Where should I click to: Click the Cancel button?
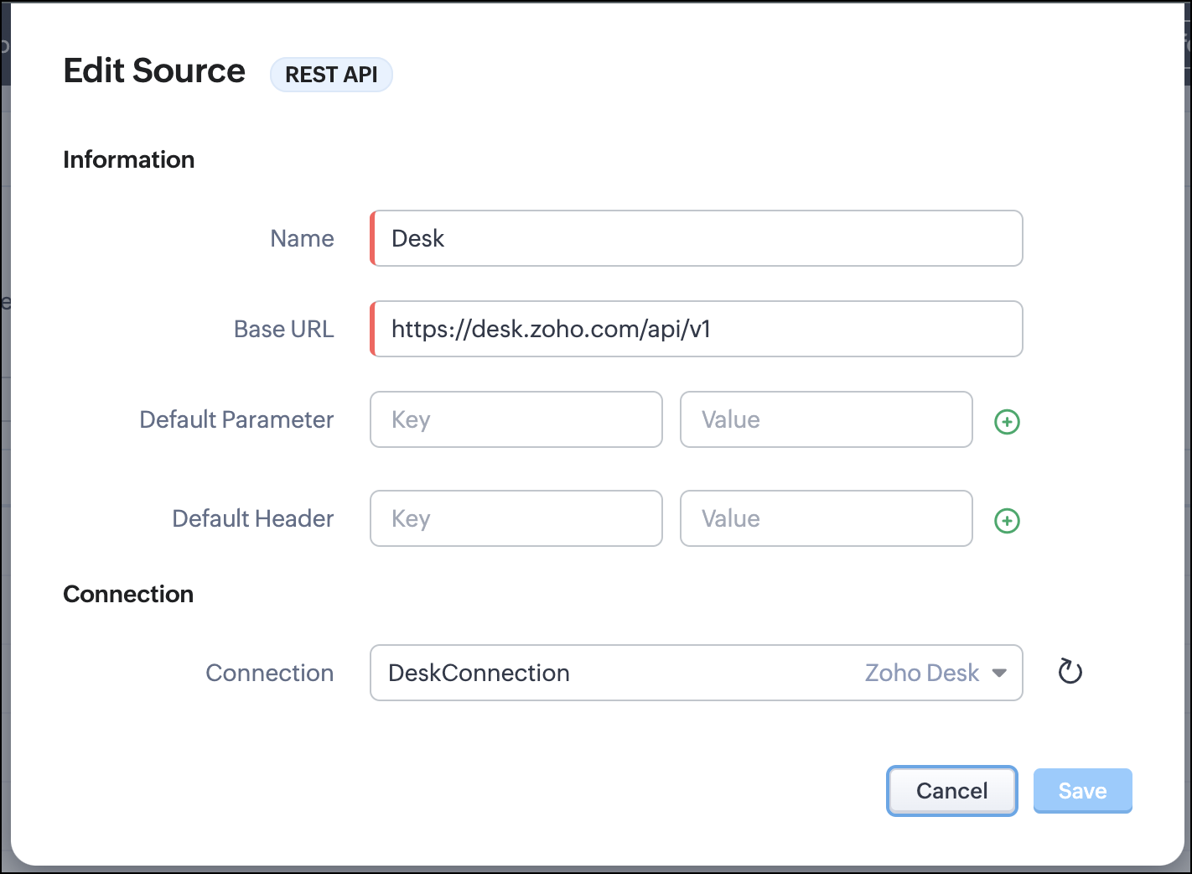951,790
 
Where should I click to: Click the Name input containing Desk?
696,238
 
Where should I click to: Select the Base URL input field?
696,329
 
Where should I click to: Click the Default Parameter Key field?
516,419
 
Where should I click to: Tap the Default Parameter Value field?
826,419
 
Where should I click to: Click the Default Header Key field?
516,518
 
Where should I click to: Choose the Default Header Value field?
826,518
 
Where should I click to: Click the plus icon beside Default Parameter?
1007,422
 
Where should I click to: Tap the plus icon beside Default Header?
1007,521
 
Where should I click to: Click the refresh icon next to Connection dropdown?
1070,672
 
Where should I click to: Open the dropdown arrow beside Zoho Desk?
999,673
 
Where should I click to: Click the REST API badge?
331,75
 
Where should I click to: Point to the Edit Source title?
154,71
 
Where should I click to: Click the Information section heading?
128,159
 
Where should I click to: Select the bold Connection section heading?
128,594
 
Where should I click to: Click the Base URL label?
283,329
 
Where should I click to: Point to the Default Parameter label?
236,419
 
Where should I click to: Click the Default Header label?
252,518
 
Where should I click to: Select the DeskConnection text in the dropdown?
479,673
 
